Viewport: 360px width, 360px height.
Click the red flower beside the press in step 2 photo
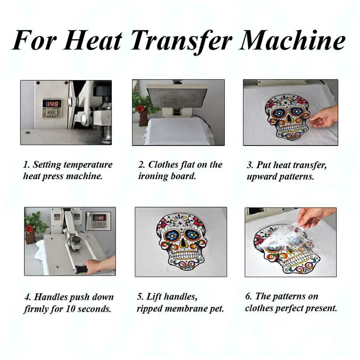tap(140, 108)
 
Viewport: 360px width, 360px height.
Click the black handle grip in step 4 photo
tap(82, 267)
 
